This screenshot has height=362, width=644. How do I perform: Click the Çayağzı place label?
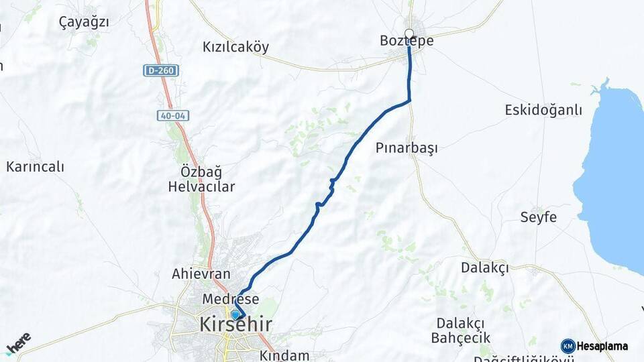(84, 21)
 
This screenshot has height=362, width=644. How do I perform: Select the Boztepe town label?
(407, 42)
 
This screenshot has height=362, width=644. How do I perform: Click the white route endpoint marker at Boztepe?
(409, 34)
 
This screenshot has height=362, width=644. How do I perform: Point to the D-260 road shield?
(160, 70)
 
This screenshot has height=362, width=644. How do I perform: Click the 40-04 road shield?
(173, 116)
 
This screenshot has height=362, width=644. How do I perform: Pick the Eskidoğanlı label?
(543, 110)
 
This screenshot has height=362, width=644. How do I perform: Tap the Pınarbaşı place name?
(407, 148)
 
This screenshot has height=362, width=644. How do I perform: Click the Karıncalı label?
(35, 167)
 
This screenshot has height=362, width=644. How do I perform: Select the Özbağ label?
(201, 171)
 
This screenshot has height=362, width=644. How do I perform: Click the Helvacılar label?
(201, 187)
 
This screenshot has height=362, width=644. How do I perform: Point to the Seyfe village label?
(538, 217)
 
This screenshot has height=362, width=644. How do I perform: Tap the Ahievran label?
(201, 274)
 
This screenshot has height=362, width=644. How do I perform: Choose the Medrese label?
(231, 299)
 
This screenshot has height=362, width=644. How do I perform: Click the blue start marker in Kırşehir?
(235, 314)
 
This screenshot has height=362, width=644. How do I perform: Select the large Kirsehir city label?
(235, 325)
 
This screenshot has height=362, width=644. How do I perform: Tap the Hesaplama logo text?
(602, 347)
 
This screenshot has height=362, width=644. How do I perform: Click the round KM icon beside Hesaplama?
(568, 346)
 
